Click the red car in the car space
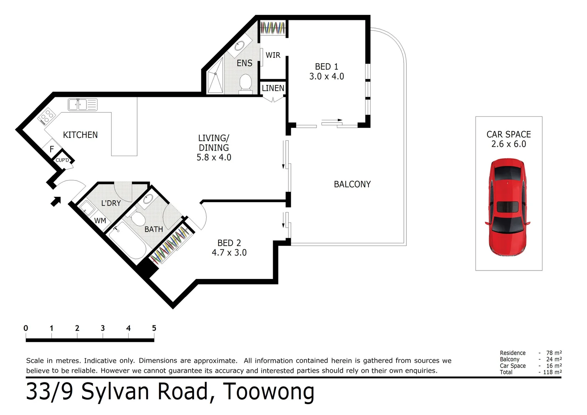tap(507, 207)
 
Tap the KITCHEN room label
tap(80, 135)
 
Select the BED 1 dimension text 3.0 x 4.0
tap(327, 76)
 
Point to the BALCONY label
tap(352, 184)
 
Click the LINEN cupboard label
tap(273, 88)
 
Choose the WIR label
tap(273, 55)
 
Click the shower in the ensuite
tap(215, 81)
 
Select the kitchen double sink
tap(82, 105)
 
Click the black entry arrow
tap(56, 201)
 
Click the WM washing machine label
tap(100, 221)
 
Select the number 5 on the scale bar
tap(154, 328)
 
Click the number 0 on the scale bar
tap(26, 328)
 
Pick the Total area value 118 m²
tap(553, 372)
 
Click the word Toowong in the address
tap(269, 392)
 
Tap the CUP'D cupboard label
tap(62, 160)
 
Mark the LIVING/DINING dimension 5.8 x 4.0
tap(214, 158)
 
